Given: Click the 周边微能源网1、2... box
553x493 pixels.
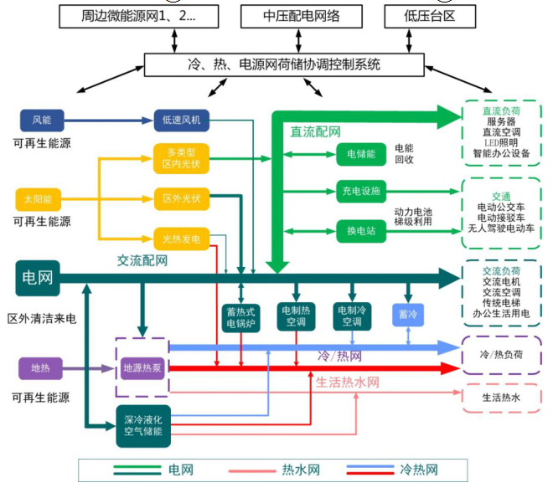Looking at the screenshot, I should (x=138, y=16).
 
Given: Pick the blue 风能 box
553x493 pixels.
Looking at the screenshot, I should (x=41, y=120).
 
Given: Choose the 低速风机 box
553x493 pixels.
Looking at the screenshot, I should (x=181, y=120).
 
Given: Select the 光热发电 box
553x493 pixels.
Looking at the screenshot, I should (x=181, y=239).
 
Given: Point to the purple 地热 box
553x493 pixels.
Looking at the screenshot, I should (x=40, y=367).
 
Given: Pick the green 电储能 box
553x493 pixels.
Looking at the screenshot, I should (x=360, y=154).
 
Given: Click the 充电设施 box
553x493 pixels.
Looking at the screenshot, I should (x=360, y=191).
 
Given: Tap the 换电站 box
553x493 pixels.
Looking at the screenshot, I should (x=360, y=229).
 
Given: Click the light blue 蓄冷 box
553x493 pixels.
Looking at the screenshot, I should (x=408, y=314).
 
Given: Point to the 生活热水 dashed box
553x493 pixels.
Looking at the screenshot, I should (x=500, y=398).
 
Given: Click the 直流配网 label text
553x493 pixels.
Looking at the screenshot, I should (x=315, y=131).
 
